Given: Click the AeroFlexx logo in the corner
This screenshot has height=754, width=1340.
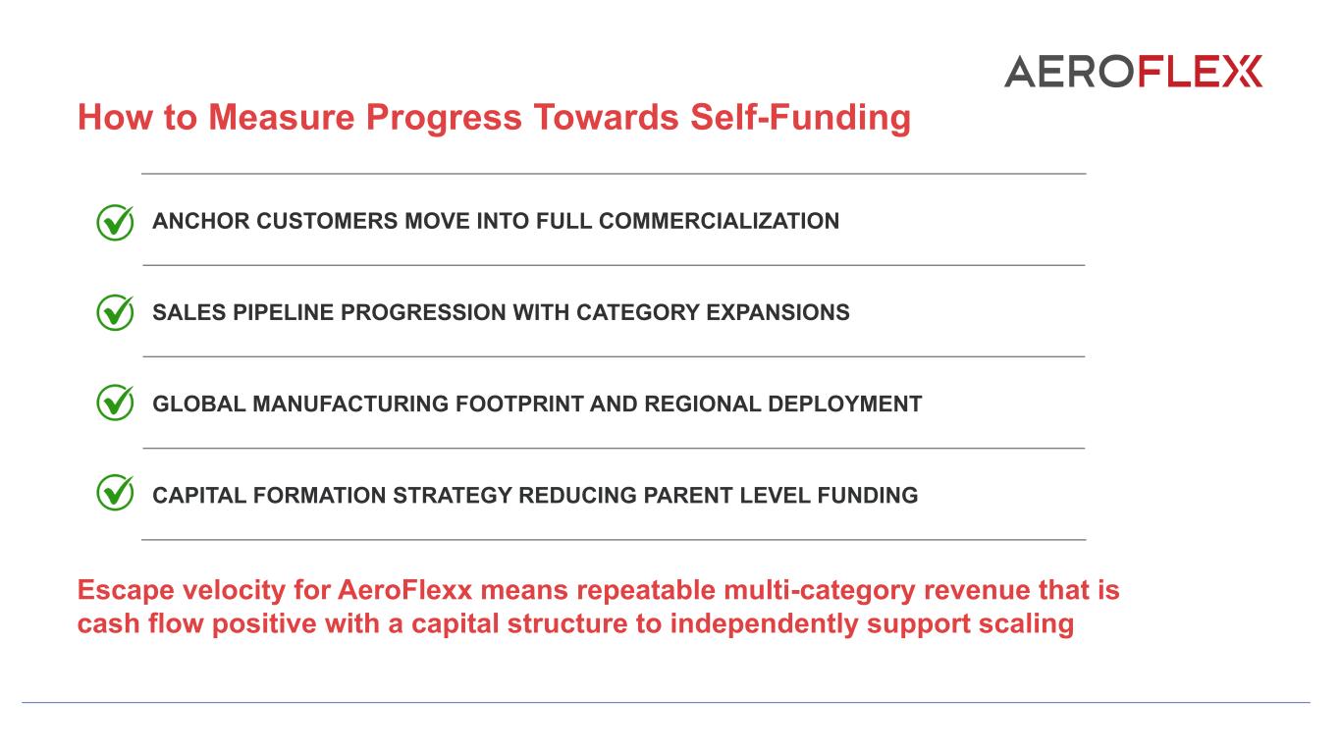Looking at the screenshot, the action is coord(1133,72).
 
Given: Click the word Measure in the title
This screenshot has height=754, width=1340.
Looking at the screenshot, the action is coord(281,117).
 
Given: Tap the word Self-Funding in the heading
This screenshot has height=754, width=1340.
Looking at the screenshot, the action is coord(800,117).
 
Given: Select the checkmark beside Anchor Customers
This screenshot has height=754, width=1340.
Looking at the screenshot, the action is coord(115,222).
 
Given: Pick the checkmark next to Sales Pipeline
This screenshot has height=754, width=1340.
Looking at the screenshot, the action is coord(115,312).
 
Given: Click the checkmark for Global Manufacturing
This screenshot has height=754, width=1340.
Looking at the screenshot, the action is coord(115,403).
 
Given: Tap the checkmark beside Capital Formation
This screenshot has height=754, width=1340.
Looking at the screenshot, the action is coord(115,493).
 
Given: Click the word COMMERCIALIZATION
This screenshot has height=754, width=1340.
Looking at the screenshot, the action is coord(719,222).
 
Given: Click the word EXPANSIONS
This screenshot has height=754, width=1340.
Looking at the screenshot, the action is coord(777,312).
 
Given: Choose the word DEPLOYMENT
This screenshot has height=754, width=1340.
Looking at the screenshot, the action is coord(844,404).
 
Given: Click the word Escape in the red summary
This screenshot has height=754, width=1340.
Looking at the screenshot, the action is coord(126,590).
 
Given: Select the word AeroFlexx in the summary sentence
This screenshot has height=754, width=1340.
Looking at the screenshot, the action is coord(405,590).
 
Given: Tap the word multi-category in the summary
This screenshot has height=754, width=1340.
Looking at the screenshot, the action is coord(820,591).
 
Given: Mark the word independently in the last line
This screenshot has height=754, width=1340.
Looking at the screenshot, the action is coord(764,624).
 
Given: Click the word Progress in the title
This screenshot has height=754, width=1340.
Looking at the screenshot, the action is coord(444,117).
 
